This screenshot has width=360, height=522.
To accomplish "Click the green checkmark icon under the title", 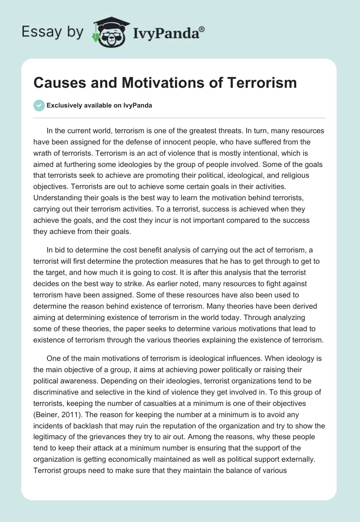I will click(x=39, y=105).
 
